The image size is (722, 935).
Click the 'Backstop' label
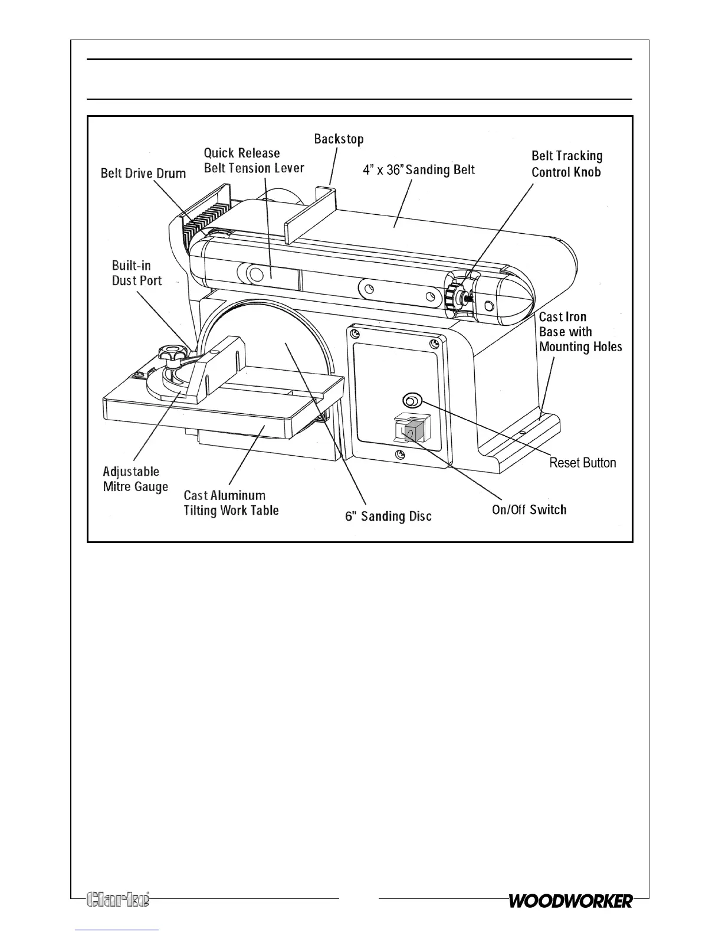(x=339, y=139)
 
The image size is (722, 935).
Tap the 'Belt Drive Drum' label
(x=143, y=174)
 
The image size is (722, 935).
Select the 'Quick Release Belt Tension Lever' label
(x=254, y=161)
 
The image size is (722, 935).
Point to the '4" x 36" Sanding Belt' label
(x=418, y=170)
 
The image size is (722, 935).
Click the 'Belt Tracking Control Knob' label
(x=567, y=164)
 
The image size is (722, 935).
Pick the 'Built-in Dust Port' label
(x=137, y=273)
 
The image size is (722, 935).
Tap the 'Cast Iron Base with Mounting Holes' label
(x=580, y=332)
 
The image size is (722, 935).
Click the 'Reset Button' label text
(x=583, y=463)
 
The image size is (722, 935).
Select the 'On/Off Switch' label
(x=529, y=509)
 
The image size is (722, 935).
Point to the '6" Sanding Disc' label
(x=388, y=516)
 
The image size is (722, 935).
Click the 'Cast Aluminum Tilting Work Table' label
(x=231, y=503)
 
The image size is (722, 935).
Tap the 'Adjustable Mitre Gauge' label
(x=135, y=479)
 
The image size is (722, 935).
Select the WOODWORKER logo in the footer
(x=570, y=901)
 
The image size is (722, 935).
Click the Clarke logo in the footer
(x=118, y=899)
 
